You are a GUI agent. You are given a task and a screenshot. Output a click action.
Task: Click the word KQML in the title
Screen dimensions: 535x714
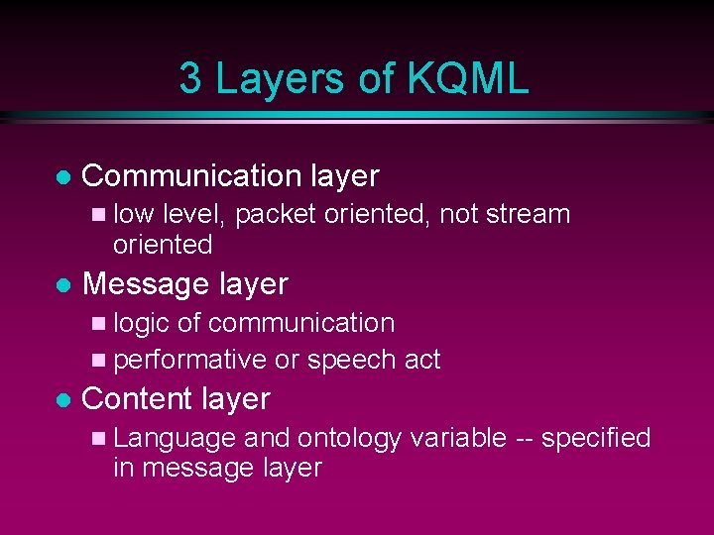pos(466,79)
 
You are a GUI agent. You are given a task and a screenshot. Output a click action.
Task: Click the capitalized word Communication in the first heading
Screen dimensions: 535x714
pos(192,176)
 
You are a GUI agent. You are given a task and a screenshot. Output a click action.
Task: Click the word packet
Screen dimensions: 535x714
pos(272,214)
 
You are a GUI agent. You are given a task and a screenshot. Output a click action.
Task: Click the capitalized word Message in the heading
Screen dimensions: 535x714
pos(145,284)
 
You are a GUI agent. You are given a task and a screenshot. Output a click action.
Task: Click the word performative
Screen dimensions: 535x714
pos(190,360)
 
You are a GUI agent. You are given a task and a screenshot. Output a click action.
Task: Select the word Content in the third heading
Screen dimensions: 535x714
pos(137,399)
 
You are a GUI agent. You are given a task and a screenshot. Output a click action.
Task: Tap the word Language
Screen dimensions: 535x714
pos(175,438)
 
